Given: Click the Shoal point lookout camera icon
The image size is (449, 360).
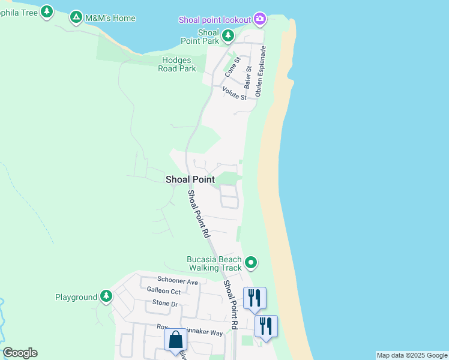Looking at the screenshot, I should coord(260,19).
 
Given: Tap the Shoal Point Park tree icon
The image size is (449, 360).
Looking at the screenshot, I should coord(228,36).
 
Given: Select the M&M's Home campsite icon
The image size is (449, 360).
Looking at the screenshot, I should coord(76,18).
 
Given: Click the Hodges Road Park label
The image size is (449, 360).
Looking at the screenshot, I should coord(177,64).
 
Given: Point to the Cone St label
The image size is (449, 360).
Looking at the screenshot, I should coord(232,66).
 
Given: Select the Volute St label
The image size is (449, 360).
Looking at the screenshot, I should coord(234,94).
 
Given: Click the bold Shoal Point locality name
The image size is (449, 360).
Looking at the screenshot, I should coord(190,179).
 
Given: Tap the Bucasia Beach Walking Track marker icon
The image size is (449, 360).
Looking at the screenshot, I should coord(252,263).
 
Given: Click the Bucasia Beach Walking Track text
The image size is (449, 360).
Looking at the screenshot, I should coord(215,263).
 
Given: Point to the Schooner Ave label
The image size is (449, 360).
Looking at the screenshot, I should coord(177,281).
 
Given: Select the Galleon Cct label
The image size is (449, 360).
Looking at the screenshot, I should coord(164,291).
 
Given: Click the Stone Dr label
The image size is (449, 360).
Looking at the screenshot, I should coord(165,304).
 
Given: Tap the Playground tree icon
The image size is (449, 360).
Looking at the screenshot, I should coord(106,296).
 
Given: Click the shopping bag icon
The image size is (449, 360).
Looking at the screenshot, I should coord(175,340).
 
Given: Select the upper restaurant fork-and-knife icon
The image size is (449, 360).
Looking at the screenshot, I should coord(255,297).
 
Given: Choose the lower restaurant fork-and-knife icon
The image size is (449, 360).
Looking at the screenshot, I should coord(266,326).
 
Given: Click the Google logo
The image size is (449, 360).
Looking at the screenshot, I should coord(20,353).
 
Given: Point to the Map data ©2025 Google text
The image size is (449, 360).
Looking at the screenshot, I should coord(412,355).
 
